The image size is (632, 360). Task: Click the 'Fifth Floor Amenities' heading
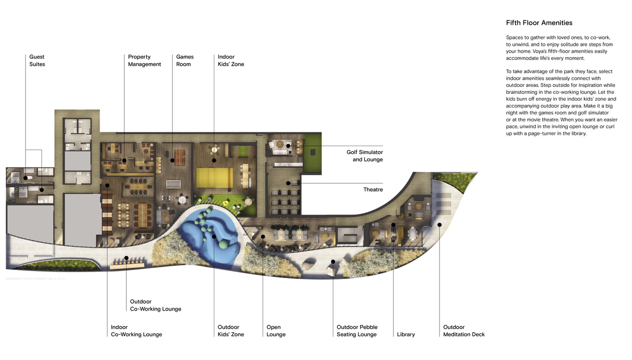click(539, 23)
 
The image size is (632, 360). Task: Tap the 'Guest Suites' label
click(37, 61)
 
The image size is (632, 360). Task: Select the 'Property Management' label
click(144, 61)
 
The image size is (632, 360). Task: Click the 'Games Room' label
click(185, 61)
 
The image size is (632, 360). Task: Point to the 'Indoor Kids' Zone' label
click(231, 61)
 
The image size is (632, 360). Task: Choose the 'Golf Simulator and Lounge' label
click(364, 156)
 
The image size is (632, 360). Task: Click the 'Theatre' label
click(373, 190)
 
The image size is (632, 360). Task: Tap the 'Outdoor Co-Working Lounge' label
click(156, 305)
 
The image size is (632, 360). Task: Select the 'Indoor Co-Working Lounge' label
click(136, 331)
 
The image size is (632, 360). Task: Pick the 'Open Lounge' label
click(276, 331)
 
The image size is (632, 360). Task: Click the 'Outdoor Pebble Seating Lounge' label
click(357, 331)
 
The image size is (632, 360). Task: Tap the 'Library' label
click(406, 334)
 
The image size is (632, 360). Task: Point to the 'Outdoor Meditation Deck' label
click(464, 331)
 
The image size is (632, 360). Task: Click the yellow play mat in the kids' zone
click(214, 177)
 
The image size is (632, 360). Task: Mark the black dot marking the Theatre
click(288, 183)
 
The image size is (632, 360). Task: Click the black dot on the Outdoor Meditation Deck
click(439, 225)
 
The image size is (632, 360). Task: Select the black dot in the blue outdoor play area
click(214, 237)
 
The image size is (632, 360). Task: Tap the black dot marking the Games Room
click(172, 160)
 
